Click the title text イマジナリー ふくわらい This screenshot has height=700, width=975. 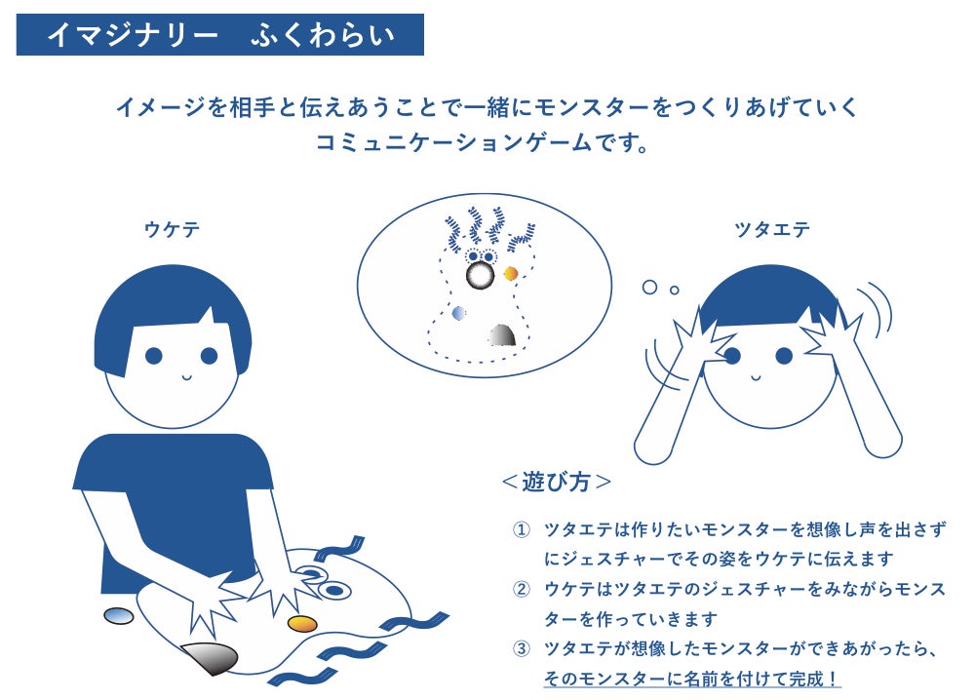click(x=220, y=35)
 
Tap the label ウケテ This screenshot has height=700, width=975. click(x=172, y=229)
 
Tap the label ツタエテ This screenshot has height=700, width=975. click(x=772, y=229)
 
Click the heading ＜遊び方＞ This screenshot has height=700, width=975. click(x=557, y=482)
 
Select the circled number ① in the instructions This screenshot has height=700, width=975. click(x=521, y=530)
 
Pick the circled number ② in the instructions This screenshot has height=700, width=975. click(x=521, y=589)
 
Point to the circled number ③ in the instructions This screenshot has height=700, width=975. click(x=521, y=649)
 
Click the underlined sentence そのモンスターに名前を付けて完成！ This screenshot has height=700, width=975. click(x=692, y=679)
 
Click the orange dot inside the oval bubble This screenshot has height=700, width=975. click(x=511, y=274)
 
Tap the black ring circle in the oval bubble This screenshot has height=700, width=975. click(x=480, y=275)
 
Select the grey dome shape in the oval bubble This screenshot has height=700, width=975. click(x=502, y=335)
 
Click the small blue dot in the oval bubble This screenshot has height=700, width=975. click(x=459, y=313)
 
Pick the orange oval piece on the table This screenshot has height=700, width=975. click(x=303, y=623)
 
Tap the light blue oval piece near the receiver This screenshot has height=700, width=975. click(x=119, y=615)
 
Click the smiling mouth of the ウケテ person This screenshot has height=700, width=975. click(x=187, y=376)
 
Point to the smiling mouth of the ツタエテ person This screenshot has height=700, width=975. click(x=756, y=376)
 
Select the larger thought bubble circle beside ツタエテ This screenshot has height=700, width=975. click(x=649, y=288)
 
